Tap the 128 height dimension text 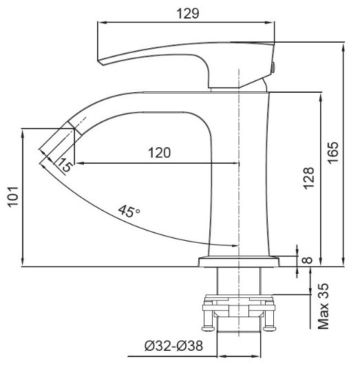(x=309, y=177)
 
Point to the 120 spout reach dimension (x=159, y=153)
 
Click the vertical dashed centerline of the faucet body (x=238, y=172)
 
